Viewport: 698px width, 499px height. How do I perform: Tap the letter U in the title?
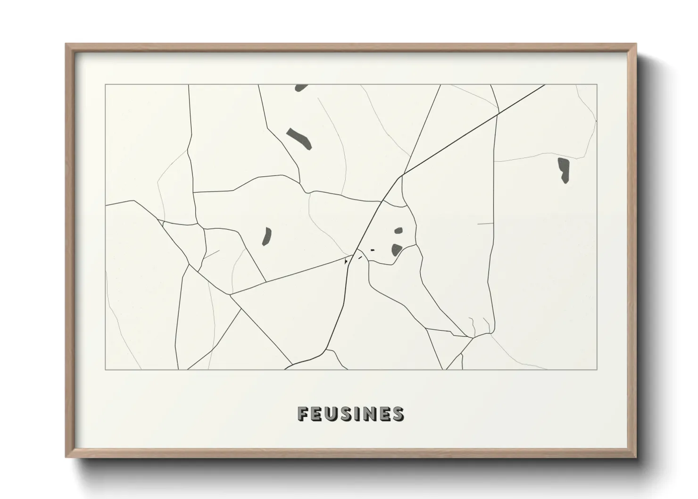331,414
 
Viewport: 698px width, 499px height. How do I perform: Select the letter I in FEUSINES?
357,414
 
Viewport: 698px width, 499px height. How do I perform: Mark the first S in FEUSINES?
346,414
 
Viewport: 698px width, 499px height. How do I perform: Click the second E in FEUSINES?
385,414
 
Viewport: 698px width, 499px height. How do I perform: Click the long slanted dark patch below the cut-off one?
299,138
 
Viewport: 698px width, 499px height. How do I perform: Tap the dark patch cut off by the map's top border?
300,87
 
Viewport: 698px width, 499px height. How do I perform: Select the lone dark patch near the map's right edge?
564,170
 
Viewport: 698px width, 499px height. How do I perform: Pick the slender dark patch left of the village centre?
267,236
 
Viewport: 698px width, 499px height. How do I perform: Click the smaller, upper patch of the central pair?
399,231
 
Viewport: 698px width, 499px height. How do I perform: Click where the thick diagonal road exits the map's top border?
545,85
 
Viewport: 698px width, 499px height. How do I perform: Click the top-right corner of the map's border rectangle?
597,84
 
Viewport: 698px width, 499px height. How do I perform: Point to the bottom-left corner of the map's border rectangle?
106,370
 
